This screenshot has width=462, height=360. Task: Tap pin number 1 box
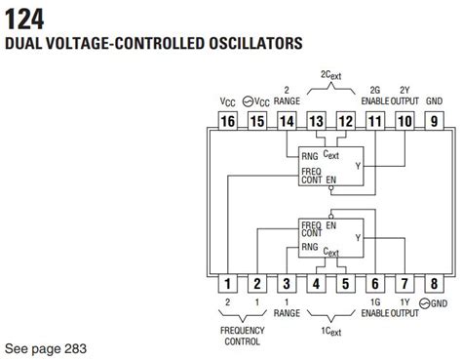(x=227, y=284)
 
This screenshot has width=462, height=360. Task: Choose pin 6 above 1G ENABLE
(x=375, y=284)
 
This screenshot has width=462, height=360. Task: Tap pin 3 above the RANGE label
(x=287, y=284)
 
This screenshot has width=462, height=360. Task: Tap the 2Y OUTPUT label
(x=404, y=94)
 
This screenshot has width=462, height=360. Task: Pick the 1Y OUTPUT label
(x=404, y=312)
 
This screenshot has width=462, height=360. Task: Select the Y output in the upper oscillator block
(x=357, y=165)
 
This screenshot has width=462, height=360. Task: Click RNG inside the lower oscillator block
(x=311, y=248)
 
